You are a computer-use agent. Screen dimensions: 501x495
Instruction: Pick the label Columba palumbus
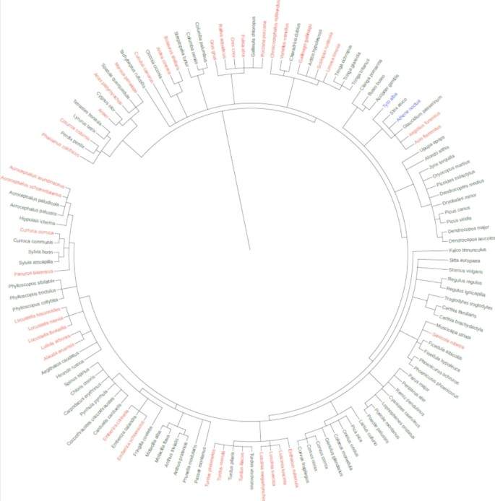point(192,37)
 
